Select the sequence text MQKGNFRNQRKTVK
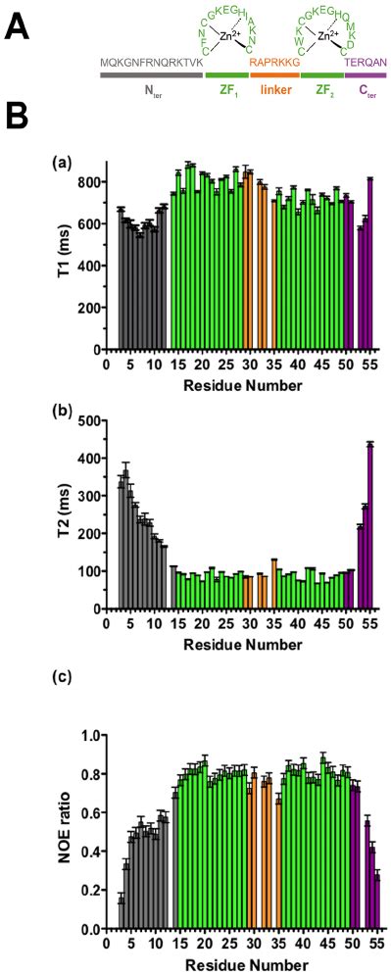pos(151,61)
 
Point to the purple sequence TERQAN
pos(366,61)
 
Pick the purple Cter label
pos(366,89)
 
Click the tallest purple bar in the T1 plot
pos(370,264)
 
